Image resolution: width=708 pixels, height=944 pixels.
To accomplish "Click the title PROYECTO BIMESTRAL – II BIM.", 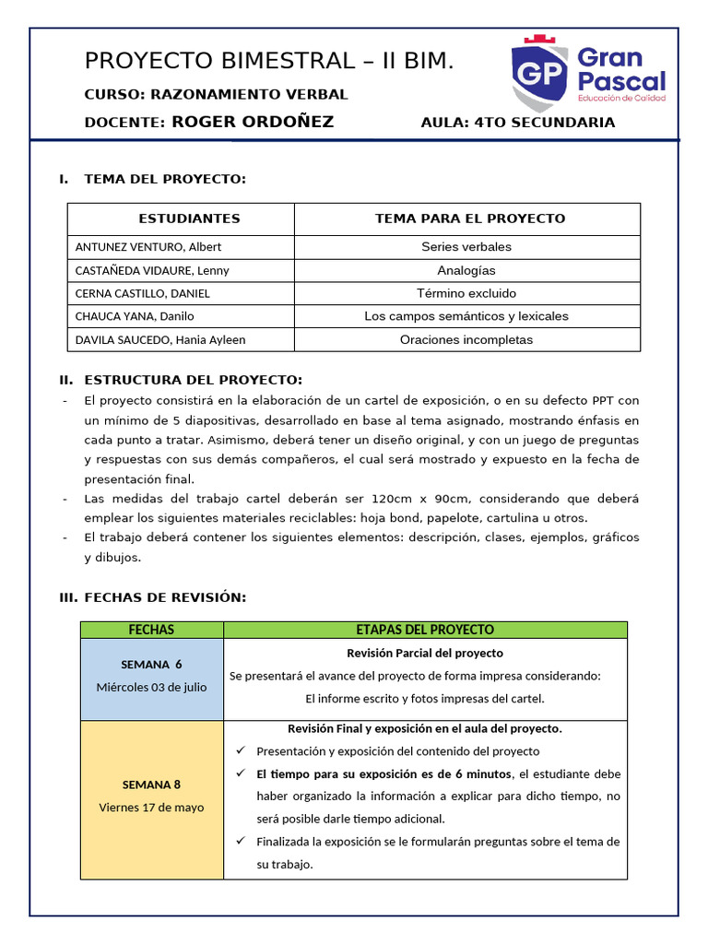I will [x=269, y=62].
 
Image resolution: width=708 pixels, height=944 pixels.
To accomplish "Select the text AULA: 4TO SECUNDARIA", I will [x=517, y=123].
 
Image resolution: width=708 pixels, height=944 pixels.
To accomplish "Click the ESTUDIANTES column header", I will [x=189, y=218].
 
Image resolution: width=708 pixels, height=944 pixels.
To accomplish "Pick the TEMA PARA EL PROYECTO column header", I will [x=470, y=218].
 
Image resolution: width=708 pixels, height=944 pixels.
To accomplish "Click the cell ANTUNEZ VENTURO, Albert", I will [x=148, y=247].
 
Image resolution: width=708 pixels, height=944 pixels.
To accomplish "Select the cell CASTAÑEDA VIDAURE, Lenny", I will [x=152, y=270].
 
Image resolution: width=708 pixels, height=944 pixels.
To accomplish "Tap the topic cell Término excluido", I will [x=466, y=293].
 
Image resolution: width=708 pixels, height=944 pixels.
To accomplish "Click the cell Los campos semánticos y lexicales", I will [x=466, y=316].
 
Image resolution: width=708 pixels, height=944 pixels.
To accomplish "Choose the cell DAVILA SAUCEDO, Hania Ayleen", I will [x=160, y=339].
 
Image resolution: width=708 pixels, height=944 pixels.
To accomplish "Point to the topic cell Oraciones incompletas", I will [x=466, y=339].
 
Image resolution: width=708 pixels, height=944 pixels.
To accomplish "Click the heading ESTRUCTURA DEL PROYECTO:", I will [x=193, y=380].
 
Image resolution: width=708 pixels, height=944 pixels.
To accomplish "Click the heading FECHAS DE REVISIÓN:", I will [x=165, y=597].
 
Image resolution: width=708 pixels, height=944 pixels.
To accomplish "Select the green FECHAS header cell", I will [x=151, y=630].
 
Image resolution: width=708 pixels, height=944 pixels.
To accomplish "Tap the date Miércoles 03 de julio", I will [x=151, y=687].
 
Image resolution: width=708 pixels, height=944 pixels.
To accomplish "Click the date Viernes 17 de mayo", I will [x=151, y=807].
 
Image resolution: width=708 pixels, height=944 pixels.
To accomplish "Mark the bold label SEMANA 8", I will [x=151, y=785].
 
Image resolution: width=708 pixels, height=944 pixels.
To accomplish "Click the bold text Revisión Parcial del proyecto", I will [x=425, y=653].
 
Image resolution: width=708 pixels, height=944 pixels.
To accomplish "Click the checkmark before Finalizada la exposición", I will [x=241, y=841].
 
